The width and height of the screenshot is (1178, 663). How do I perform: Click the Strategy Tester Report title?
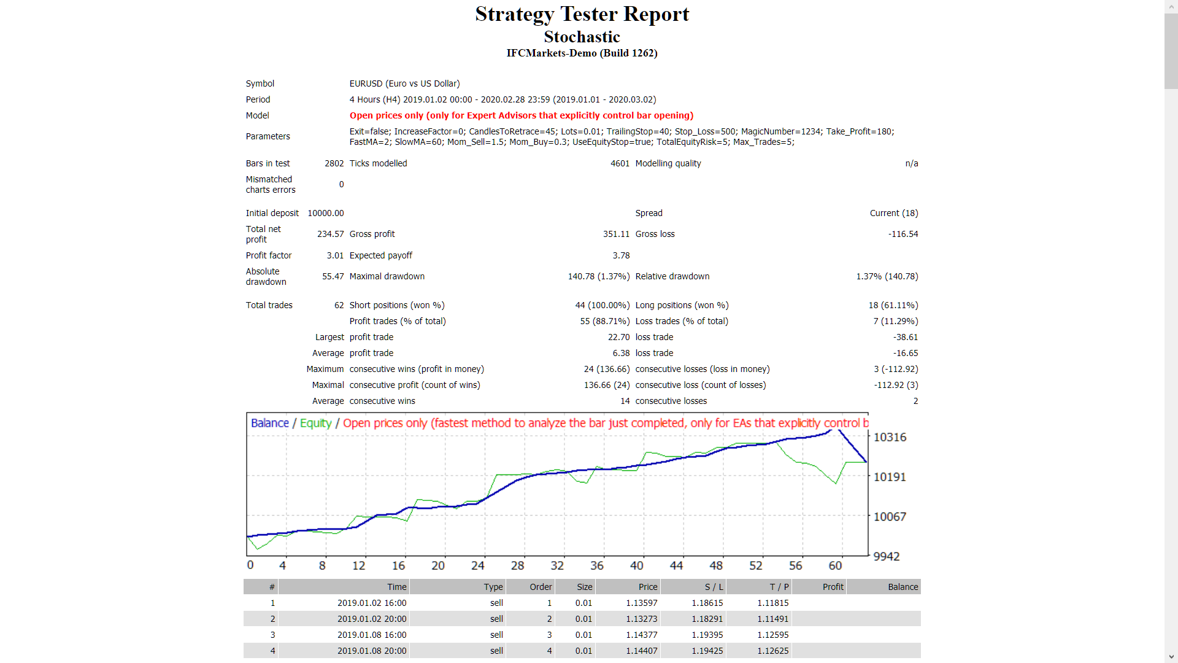coord(582,14)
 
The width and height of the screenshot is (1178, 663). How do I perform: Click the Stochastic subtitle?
coord(582,37)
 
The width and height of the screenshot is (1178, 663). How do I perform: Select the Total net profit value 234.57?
coord(330,234)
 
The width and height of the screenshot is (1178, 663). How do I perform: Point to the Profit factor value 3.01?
coord(335,255)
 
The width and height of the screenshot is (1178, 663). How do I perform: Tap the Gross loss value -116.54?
coord(903,234)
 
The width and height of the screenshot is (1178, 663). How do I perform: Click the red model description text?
coord(521,115)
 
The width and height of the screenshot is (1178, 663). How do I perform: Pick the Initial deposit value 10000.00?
coord(325,213)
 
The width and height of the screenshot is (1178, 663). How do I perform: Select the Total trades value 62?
coord(339,305)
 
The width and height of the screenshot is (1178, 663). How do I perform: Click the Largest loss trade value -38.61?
coord(905,337)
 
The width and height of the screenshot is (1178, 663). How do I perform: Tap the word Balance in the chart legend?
coord(269,423)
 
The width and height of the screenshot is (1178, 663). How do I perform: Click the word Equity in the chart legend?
coord(315,423)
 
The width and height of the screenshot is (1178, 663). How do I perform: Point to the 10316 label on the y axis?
coord(890,437)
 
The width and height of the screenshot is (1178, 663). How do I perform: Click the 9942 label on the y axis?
coord(886,556)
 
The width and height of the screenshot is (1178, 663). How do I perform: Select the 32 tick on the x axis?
coord(557,565)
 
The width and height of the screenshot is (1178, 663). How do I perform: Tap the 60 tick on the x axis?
coord(835,565)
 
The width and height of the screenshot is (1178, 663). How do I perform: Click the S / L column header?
coord(714,587)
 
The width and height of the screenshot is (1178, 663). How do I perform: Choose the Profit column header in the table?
coord(833,587)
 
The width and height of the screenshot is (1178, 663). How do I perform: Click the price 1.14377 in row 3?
coord(641,635)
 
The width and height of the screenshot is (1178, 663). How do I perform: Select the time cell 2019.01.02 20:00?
coord(371,619)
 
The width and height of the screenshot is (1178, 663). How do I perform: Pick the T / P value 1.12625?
coord(772,651)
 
